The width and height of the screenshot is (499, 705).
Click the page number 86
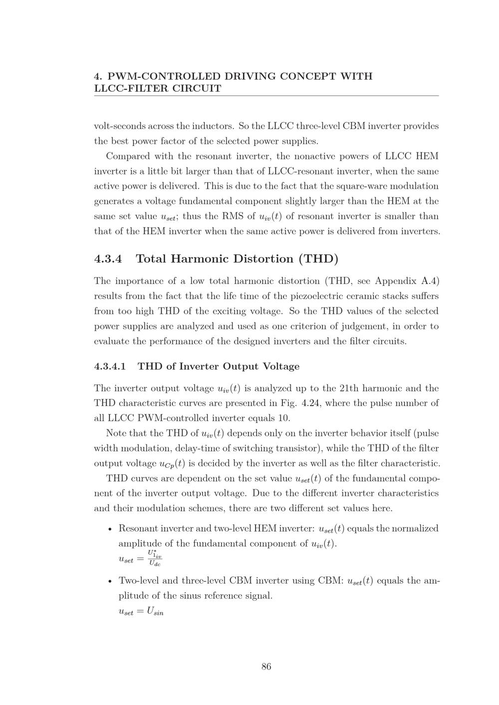[x=266, y=667]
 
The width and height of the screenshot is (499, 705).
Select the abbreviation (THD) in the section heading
[x=318, y=259]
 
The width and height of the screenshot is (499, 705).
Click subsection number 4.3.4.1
[x=110, y=367]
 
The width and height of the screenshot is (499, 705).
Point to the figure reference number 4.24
[x=312, y=403]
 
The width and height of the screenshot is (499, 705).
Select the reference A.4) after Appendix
[x=430, y=281]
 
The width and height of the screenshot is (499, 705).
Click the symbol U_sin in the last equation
[x=155, y=612]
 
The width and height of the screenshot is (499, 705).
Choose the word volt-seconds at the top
[x=119, y=126]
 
